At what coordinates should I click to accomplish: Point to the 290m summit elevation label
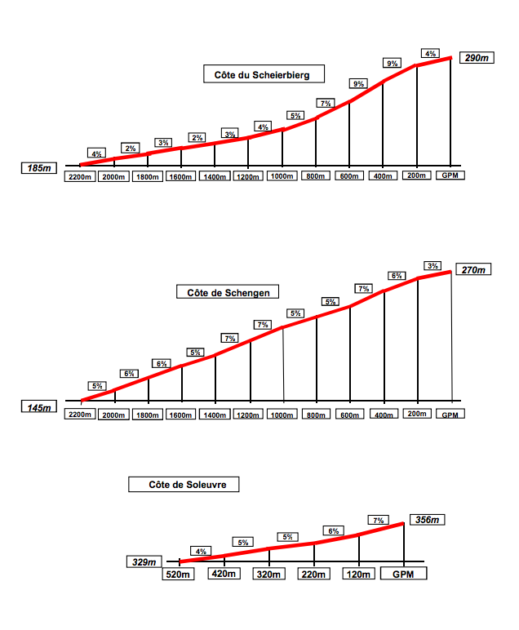pos(474,59)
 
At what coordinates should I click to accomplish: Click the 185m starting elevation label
pos(39,168)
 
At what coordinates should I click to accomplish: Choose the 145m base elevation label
pos(38,407)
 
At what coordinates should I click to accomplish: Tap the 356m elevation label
pos(428,520)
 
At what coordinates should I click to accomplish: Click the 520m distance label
pos(180,574)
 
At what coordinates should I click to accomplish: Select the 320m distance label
pos(269,574)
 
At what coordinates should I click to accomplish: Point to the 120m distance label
pos(359,574)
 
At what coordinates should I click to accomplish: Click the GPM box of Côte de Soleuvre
pos(403,574)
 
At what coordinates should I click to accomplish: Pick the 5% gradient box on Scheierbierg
pos(295,116)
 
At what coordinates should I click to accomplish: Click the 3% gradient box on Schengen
pos(432,266)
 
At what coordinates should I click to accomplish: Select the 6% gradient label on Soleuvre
pos(333,531)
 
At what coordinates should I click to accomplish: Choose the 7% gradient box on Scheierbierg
pos(326,104)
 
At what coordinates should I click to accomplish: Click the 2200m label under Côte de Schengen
pos(81,415)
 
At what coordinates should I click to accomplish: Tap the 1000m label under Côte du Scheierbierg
pos(282,176)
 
